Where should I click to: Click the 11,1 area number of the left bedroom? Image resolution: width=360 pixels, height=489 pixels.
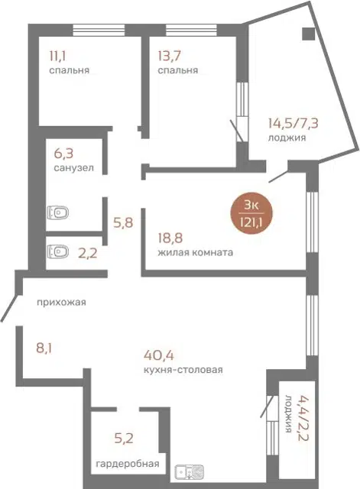tap(58, 56)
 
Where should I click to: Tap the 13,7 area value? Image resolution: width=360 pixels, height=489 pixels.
tap(170, 56)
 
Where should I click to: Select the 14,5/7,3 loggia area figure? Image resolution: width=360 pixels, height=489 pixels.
tap(293, 124)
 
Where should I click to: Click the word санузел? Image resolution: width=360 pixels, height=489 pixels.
tap(73, 168)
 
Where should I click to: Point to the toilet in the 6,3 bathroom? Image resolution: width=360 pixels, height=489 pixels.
tap(58, 213)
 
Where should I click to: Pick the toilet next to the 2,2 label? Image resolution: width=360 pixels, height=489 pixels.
tap(58, 251)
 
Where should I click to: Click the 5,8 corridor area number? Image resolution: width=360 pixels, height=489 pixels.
tap(123, 223)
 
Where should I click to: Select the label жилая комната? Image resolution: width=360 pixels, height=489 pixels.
tap(195, 252)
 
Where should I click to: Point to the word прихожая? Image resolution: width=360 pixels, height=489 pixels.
tap(61, 303)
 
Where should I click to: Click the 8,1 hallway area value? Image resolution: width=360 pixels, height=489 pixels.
tap(44, 348)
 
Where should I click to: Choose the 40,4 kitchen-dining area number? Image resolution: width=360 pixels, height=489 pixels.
tap(159, 355)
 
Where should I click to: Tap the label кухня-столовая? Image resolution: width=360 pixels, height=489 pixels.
tap(183, 370)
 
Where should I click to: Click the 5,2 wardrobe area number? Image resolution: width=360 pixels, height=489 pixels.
tap(124, 439)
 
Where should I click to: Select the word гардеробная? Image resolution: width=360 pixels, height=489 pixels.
tap(128, 464)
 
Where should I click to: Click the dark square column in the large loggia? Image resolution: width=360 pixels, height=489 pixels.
tap(309, 34)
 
